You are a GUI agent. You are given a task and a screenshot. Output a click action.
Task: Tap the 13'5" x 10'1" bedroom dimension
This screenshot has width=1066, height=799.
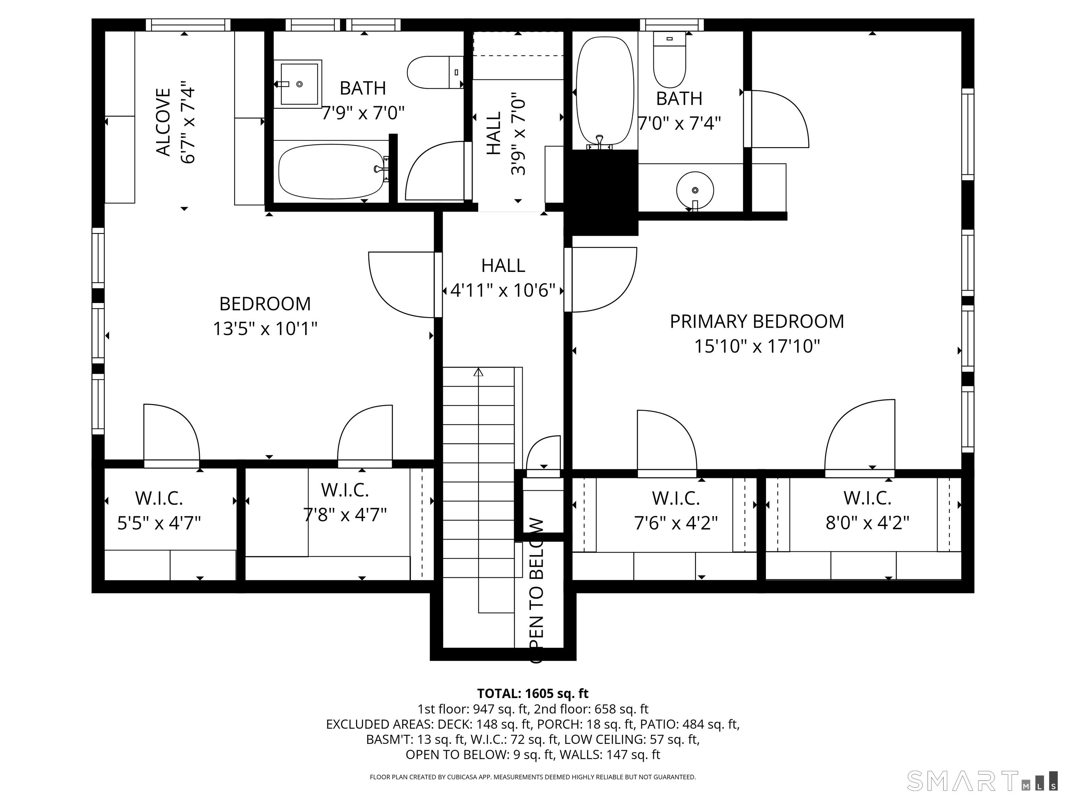point(265,329)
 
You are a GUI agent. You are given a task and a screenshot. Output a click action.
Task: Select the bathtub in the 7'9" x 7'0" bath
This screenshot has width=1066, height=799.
point(332,171)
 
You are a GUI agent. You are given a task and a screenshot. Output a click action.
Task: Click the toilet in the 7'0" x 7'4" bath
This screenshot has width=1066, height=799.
point(669,60)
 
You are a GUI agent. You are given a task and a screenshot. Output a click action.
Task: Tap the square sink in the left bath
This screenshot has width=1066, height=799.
point(298,84)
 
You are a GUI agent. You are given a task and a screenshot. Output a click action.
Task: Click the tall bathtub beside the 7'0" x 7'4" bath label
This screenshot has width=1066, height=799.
point(605,92)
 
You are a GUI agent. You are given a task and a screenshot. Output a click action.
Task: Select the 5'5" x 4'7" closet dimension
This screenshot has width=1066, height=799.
point(159,523)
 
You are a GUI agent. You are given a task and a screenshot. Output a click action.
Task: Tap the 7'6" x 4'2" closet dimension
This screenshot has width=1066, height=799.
point(676,523)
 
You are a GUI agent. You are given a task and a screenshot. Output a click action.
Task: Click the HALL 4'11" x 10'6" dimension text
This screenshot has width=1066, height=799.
point(503,290)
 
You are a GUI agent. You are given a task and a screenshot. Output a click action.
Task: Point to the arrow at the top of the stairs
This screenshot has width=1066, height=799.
point(478,372)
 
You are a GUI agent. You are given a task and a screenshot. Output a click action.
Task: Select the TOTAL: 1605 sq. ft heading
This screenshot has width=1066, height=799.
point(533,694)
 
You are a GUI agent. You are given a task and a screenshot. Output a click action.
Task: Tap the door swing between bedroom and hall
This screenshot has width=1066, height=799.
point(400,286)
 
